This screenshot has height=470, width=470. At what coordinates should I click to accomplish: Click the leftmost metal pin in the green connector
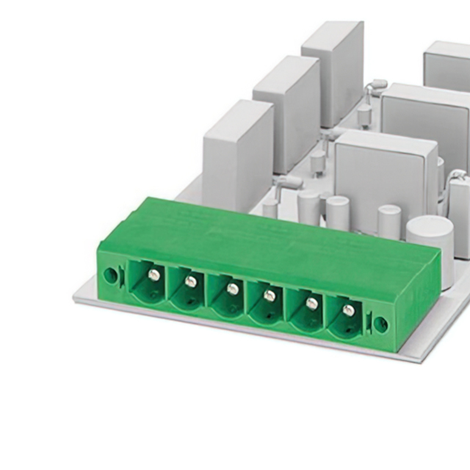(x=153, y=275)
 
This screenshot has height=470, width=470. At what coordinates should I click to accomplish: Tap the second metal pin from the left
(x=191, y=281)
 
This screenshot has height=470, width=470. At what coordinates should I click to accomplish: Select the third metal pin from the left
(x=232, y=289)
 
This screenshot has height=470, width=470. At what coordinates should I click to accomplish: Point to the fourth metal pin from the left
(x=270, y=295)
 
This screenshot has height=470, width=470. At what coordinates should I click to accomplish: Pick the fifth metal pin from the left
(x=311, y=303)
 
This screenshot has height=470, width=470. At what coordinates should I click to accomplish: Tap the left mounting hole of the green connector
(x=109, y=276)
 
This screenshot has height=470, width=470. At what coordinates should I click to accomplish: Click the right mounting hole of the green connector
(x=380, y=323)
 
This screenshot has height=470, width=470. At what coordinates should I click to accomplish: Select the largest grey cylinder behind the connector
(x=430, y=242)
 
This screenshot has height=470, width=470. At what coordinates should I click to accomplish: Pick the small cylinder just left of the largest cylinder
(x=388, y=221)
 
